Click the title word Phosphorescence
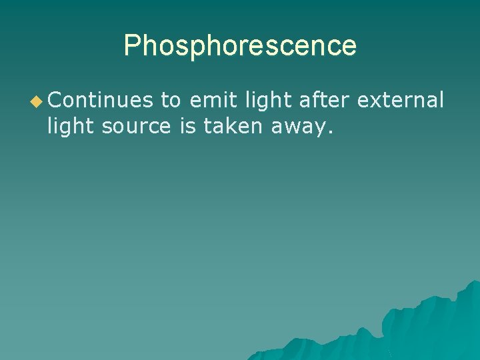pos(240,46)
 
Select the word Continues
pos(100,100)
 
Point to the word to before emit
pos(171,100)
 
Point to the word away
pos(299,126)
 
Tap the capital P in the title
pos(132,46)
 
